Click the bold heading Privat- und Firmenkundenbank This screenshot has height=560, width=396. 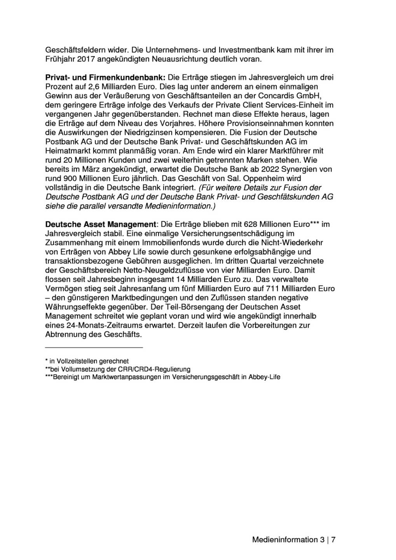pyautogui.click(x=105, y=77)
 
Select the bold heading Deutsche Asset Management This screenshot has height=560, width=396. pyautogui.click(x=100, y=224)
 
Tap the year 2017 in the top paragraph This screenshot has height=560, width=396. pyautogui.click(x=86, y=59)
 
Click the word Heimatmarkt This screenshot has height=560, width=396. pyautogui.click(x=68, y=151)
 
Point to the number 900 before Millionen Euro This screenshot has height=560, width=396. pyautogui.click(x=71, y=178)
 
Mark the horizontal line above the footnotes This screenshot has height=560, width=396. pyautogui.click(x=94, y=347)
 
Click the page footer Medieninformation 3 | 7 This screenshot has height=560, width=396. pyautogui.click(x=294, y=540)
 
